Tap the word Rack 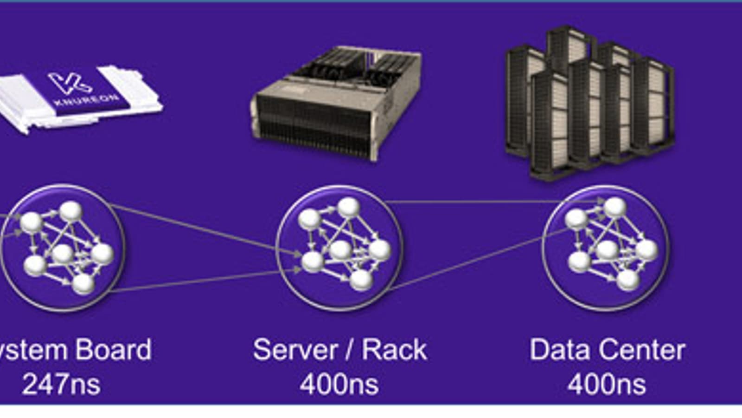pyautogui.click(x=394, y=350)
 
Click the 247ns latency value pyautogui.click(x=61, y=385)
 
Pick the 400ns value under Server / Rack pyautogui.click(x=339, y=385)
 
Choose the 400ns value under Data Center pyautogui.click(x=607, y=385)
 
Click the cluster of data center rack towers pyautogui.click(x=589, y=102)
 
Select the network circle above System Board pyautogui.click(x=63, y=247)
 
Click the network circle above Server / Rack pyautogui.click(x=339, y=247)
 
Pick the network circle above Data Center pyautogui.click(x=606, y=247)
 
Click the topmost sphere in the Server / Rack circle pyautogui.click(x=348, y=207)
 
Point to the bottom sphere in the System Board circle pyautogui.click(x=83, y=284)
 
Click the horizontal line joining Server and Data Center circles pyautogui.click(x=473, y=202)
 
